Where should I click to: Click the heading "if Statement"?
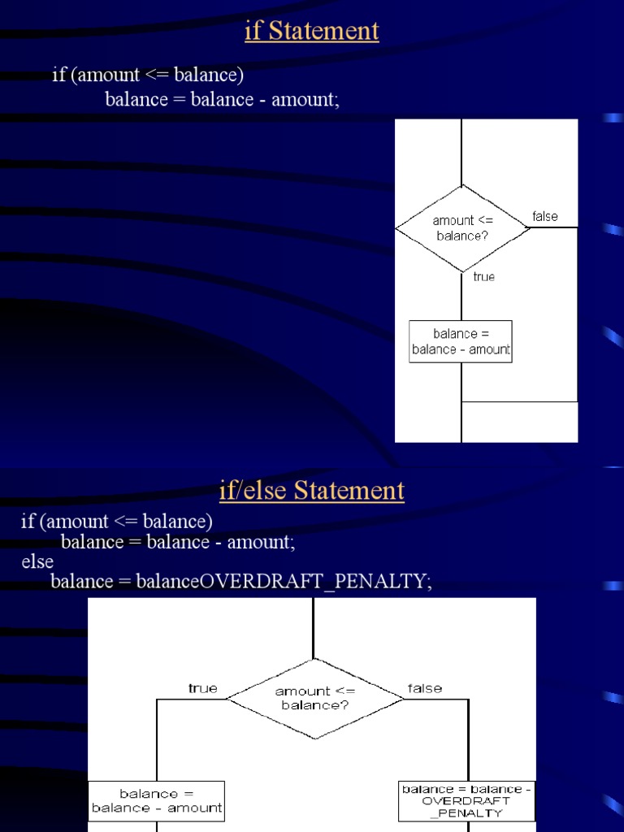[x=312, y=31]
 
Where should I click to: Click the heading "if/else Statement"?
[x=312, y=491]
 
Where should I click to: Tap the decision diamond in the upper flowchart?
[x=462, y=228]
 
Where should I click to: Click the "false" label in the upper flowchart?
[x=545, y=216]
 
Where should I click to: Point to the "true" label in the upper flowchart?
[x=483, y=277]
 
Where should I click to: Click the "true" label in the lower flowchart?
[x=202, y=688]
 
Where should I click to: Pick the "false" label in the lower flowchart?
[x=425, y=688]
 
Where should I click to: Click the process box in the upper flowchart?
[x=461, y=341]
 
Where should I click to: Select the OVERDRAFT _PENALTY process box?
[x=467, y=800]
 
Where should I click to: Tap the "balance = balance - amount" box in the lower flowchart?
[x=156, y=800]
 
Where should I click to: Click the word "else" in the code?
[x=37, y=561]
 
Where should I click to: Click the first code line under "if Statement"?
[x=148, y=76]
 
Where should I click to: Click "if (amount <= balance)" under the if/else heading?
[x=117, y=521]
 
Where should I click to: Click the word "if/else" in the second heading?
[x=253, y=491]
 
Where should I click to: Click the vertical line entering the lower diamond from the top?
[x=314, y=627]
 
